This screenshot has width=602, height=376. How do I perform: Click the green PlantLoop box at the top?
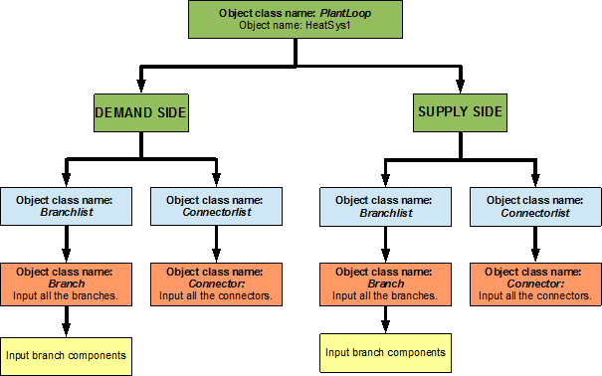(x=296, y=19)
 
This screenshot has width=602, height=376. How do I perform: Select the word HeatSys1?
(x=328, y=25)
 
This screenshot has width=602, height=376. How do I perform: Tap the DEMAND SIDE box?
(x=140, y=112)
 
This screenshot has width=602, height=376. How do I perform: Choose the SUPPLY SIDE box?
(x=459, y=111)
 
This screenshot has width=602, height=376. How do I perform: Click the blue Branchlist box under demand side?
(x=66, y=205)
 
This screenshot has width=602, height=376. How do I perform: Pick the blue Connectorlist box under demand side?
(x=216, y=205)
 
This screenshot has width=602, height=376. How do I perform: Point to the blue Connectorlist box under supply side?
(x=535, y=206)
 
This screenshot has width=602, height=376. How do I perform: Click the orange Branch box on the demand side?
(x=66, y=283)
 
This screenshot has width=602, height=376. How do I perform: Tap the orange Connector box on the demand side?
(x=215, y=283)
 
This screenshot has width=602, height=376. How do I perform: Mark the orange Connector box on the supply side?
(x=535, y=283)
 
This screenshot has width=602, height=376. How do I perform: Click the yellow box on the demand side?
(x=66, y=355)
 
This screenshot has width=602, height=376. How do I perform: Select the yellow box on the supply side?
(x=385, y=352)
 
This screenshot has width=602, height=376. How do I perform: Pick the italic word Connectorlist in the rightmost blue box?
(x=535, y=212)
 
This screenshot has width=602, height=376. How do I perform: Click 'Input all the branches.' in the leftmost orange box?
(x=66, y=295)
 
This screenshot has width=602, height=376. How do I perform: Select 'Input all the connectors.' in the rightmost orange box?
(x=535, y=295)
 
